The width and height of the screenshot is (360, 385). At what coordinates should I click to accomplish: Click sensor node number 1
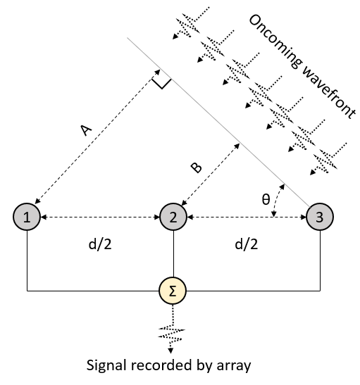coord(27,217)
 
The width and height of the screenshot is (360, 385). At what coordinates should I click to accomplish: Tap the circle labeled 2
coord(173,217)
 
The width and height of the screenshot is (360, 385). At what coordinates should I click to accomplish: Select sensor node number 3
coord(320,217)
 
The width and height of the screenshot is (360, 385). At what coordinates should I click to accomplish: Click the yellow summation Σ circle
coord(173,291)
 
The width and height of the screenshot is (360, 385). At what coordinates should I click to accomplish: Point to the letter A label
coord(86,130)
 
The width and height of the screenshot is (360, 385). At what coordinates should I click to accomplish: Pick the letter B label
coord(197,168)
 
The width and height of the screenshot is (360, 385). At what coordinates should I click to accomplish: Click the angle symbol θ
coord(266,199)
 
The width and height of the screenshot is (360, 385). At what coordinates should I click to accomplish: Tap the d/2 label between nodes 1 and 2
coord(100,244)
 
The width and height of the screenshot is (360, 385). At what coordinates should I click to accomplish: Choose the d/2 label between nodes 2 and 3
coord(247,244)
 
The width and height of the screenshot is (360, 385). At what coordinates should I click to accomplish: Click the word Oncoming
coord(275,42)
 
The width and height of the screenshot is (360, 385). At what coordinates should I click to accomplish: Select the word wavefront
coord(329,93)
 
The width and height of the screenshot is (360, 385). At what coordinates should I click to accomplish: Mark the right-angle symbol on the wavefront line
coord(161,82)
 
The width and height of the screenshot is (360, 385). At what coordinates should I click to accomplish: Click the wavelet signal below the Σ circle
coord(171,334)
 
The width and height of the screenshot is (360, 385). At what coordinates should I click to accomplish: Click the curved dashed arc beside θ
coord(278,200)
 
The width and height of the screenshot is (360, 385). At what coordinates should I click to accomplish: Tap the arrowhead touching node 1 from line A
coord(37,201)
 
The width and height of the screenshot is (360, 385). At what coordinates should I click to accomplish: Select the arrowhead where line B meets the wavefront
coord(237,146)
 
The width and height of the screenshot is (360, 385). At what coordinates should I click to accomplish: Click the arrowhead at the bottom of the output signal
coord(170,351)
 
